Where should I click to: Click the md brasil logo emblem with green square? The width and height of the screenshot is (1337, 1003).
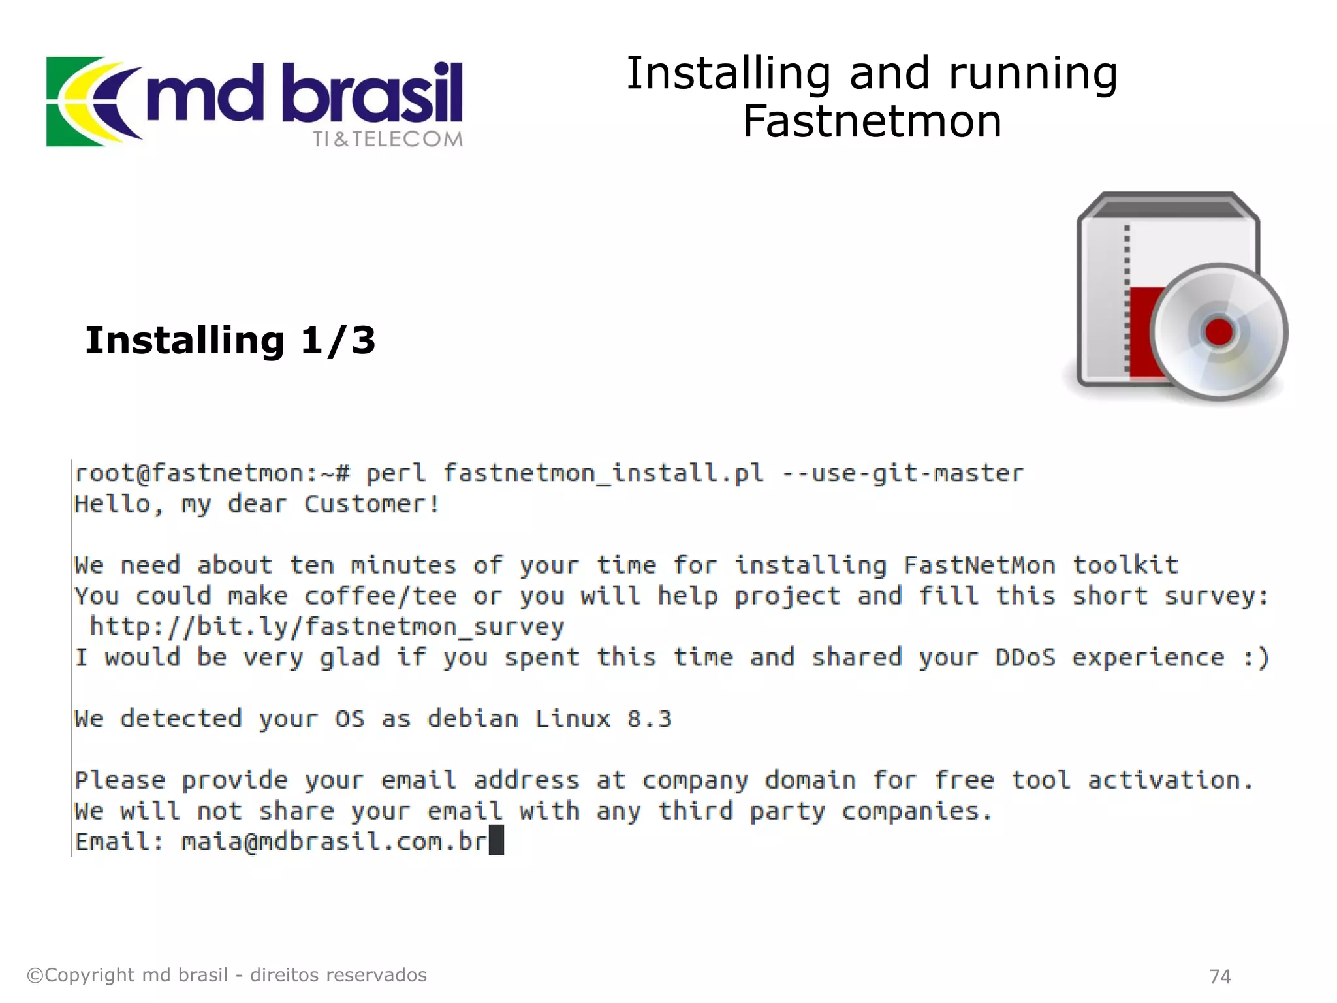coord(91,101)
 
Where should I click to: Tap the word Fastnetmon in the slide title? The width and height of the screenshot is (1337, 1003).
coord(872,121)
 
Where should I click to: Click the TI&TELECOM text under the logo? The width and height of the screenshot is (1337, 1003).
coord(387,139)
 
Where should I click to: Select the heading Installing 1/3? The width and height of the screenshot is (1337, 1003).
coord(230,340)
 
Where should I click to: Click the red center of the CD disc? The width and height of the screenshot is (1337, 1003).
coord(1218,331)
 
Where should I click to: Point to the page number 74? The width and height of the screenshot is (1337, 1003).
coord(1219,976)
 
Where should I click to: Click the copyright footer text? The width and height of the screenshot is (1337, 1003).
coord(227,975)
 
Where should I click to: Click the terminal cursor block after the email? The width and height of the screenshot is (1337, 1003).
coord(496,840)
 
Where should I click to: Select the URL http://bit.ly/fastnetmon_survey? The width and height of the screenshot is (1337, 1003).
coord(326,627)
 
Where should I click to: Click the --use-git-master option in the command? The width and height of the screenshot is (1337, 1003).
coord(903,473)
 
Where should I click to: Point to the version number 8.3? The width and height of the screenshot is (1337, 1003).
coord(649,719)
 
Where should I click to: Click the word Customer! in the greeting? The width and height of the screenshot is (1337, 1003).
coord(372,504)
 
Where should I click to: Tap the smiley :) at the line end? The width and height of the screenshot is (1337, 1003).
coord(1256,658)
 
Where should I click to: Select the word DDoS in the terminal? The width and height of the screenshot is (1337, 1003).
coord(1025,658)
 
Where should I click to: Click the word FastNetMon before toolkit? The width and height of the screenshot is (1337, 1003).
coord(979,565)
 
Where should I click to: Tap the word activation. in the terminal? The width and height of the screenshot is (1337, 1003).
coord(1170,780)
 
